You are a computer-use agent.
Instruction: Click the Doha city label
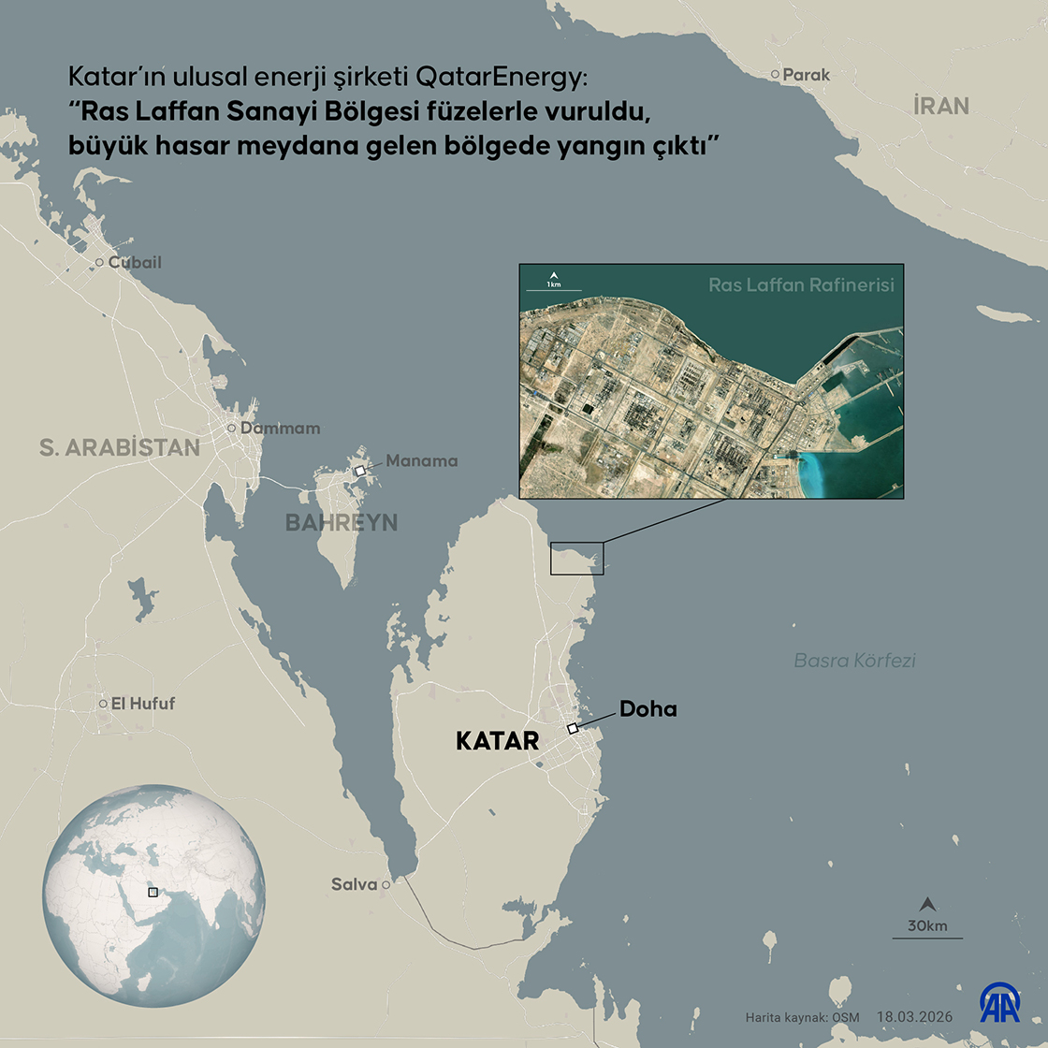[x=648, y=709]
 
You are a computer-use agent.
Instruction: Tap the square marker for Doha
[x=572, y=729]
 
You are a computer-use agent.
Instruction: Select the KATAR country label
[x=497, y=741]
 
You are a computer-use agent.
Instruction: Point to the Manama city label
[x=422, y=460]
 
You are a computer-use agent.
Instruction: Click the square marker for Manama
[x=360, y=471]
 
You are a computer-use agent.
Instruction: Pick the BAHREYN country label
[x=342, y=522]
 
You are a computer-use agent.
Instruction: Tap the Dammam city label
[x=280, y=429]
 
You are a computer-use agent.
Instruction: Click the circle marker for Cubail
[x=99, y=263]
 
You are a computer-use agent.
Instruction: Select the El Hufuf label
[x=143, y=704]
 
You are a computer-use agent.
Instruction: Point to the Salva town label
[x=355, y=884]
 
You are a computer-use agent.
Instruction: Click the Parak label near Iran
[x=807, y=74]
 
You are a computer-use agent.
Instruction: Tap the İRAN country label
[x=941, y=106]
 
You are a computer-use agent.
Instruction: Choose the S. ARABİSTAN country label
[x=120, y=447]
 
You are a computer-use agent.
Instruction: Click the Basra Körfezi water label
[x=854, y=661]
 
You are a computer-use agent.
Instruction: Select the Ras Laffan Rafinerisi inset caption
[x=800, y=284]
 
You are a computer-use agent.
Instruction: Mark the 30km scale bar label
[x=927, y=926]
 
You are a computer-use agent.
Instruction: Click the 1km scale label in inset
[x=553, y=284]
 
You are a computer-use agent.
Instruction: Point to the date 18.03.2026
[x=916, y=1017]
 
